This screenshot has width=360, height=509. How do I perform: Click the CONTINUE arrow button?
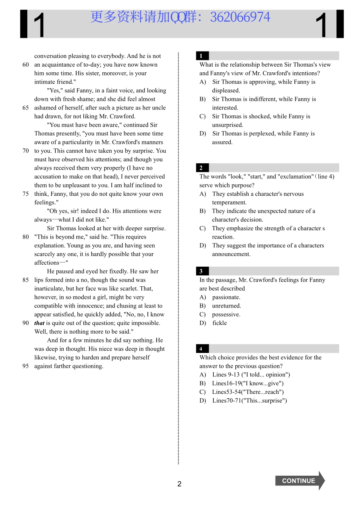point(299,481)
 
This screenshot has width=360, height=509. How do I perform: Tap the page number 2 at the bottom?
point(179,484)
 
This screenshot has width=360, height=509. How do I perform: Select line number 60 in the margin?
point(25,65)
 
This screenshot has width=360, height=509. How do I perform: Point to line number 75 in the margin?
point(25,194)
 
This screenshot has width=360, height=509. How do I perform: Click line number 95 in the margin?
point(25,366)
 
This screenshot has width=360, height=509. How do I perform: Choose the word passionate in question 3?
point(226,297)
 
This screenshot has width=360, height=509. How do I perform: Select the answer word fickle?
point(219,323)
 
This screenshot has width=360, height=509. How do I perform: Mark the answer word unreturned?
point(227,306)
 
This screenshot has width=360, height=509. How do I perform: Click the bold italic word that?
point(39,323)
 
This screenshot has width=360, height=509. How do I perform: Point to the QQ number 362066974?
point(240,17)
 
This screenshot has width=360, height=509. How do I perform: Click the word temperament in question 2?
point(229,203)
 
